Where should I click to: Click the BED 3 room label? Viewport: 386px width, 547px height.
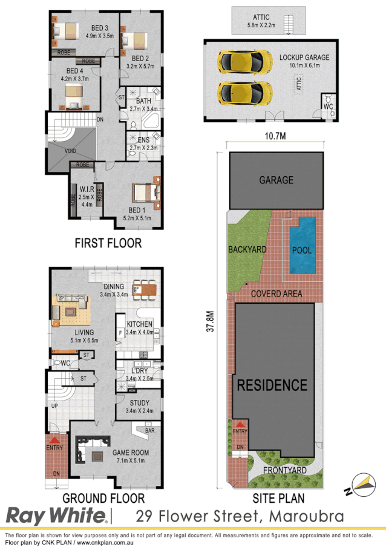tap(83, 28)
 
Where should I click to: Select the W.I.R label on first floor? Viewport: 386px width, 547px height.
tap(86, 188)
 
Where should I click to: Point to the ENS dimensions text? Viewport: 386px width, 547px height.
tap(143, 147)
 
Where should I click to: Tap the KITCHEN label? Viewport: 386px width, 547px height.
tap(139, 324)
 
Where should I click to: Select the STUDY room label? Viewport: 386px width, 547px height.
tap(139, 402)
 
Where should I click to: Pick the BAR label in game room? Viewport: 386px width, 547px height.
tap(149, 431)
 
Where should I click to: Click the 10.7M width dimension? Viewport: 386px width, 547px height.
tap(275, 136)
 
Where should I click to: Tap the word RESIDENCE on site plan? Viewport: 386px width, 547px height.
tap(272, 384)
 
